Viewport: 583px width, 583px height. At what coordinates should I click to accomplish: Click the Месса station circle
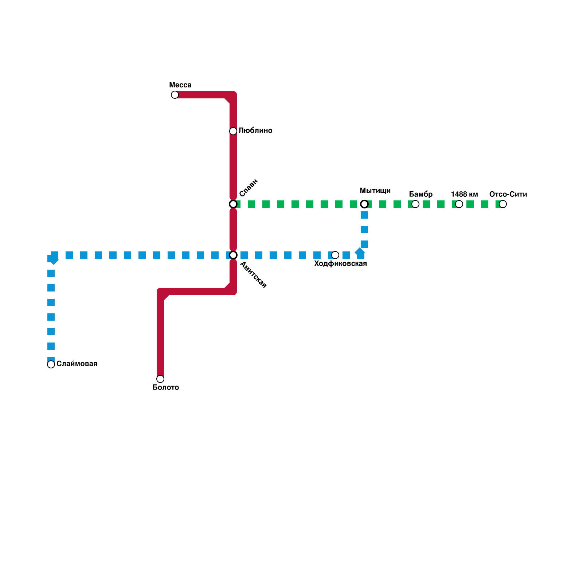point(175,95)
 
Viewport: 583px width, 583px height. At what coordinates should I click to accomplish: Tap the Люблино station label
point(255,130)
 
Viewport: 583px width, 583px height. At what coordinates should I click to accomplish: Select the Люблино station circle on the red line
point(233,131)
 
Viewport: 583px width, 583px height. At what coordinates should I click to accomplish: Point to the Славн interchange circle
point(233,204)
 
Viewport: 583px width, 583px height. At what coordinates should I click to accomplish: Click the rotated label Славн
point(249,188)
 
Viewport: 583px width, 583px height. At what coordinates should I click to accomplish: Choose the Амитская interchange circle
point(233,255)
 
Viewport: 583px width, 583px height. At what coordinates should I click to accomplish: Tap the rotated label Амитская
point(253,275)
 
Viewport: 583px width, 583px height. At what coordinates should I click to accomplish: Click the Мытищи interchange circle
point(364,204)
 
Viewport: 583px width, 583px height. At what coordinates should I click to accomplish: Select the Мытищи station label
point(375,191)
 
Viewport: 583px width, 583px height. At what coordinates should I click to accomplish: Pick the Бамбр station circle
point(415,204)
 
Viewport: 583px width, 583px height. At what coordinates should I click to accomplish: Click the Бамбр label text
point(421,194)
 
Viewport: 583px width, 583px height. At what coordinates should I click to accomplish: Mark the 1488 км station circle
point(459,204)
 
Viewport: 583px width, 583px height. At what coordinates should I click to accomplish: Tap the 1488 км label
point(464,194)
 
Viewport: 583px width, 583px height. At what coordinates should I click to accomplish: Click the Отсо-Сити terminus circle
point(503,204)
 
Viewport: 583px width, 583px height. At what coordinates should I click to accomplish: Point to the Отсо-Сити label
point(508,194)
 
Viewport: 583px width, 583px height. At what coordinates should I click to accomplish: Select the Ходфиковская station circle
point(335,255)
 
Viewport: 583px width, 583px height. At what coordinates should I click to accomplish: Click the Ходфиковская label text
point(340,263)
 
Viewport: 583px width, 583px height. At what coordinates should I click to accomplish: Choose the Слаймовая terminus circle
point(51,364)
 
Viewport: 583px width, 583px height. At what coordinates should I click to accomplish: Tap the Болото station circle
point(160,379)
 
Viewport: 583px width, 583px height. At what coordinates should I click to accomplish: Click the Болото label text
point(166,387)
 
